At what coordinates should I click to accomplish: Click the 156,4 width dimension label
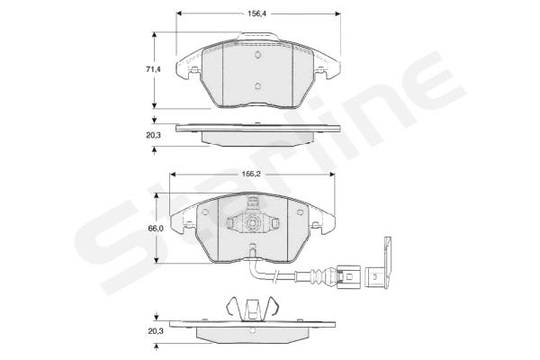(257, 13)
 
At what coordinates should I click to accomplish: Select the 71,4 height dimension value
(153, 69)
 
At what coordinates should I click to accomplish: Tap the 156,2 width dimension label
(251, 175)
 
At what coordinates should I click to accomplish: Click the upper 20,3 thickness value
(153, 135)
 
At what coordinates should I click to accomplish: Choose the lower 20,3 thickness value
(156, 331)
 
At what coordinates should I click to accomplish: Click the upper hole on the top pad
(258, 54)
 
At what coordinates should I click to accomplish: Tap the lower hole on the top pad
(258, 86)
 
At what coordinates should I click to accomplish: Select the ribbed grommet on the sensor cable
(318, 275)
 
